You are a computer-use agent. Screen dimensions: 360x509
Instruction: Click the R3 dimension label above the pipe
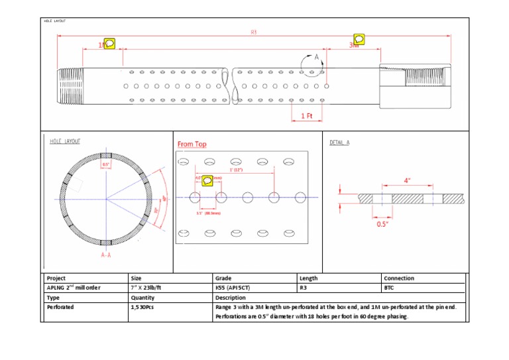[254, 32]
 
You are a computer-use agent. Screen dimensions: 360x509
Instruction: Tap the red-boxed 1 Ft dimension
[307, 115]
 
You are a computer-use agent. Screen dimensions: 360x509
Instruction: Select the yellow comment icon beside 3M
[359, 39]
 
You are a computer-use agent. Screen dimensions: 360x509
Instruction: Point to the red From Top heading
[192, 144]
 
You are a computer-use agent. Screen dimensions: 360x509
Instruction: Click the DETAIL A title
[339, 143]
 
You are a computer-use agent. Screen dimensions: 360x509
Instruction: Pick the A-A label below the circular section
[106, 255]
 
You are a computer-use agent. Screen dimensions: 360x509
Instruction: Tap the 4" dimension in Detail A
[407, 180]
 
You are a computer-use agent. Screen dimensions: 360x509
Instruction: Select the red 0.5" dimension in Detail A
[382, 224]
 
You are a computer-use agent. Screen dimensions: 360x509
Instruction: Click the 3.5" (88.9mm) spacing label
[207, 213]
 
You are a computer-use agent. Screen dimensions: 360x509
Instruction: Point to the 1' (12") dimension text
[236, 170]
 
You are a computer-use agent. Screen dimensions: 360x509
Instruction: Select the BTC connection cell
[389, 288]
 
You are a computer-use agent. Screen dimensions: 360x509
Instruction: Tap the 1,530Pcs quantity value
[142, 308]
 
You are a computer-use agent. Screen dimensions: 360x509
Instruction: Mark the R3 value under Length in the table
[304, 288]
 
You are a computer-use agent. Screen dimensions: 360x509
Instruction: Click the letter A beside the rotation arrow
[317, 58]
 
